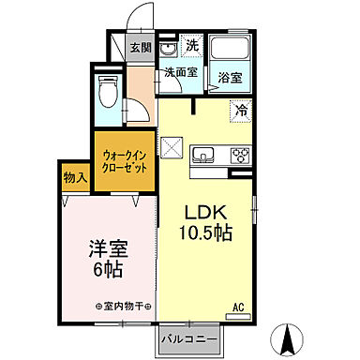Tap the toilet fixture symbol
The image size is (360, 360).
108,92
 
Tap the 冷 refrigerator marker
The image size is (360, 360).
242,111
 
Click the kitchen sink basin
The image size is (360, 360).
204,155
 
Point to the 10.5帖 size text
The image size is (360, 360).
207,232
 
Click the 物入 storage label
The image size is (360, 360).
75,177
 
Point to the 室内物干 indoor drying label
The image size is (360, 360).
124,307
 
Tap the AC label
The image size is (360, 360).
240,306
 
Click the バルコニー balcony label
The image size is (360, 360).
187,336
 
